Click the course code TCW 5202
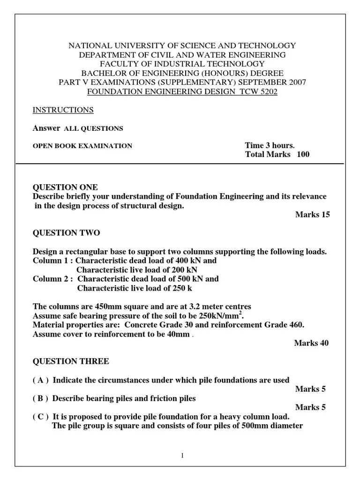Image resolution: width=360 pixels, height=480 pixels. coord(260,92)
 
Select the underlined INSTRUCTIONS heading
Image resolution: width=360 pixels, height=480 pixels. coord(63,110)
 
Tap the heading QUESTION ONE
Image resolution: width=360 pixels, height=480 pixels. coord(66,187)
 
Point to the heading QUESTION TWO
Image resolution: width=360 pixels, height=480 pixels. coord(66,233)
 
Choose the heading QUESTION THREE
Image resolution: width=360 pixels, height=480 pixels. coord(70,361)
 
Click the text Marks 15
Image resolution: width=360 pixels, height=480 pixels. coord(313,215)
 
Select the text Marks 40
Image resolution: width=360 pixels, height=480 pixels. coord(311,343)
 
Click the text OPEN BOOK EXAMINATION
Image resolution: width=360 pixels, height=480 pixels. coord(82,146)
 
